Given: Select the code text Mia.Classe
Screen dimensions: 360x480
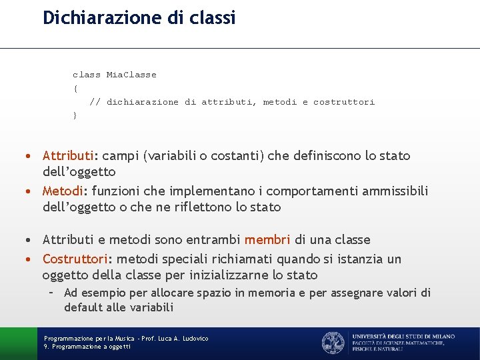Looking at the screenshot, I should point(131,75).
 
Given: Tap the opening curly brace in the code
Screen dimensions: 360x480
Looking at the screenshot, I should point(75,88).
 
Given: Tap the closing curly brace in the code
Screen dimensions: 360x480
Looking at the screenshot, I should point(75,115).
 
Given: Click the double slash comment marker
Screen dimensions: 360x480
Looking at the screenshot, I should point(95,102).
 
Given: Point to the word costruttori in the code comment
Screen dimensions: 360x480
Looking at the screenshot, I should point(344,102).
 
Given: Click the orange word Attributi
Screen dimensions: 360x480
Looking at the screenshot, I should point(68,156).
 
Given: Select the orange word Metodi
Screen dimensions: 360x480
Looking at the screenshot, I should point(62,191).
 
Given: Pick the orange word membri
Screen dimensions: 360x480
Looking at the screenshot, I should point(267,240).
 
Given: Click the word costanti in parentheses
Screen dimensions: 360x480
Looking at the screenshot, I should point(237,156).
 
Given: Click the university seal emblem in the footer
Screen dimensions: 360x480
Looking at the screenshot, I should point(333,343).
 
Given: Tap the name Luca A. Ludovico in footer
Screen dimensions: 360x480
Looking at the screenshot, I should point(182,339).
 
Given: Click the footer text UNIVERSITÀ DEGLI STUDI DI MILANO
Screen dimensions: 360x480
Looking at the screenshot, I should point(403,337).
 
